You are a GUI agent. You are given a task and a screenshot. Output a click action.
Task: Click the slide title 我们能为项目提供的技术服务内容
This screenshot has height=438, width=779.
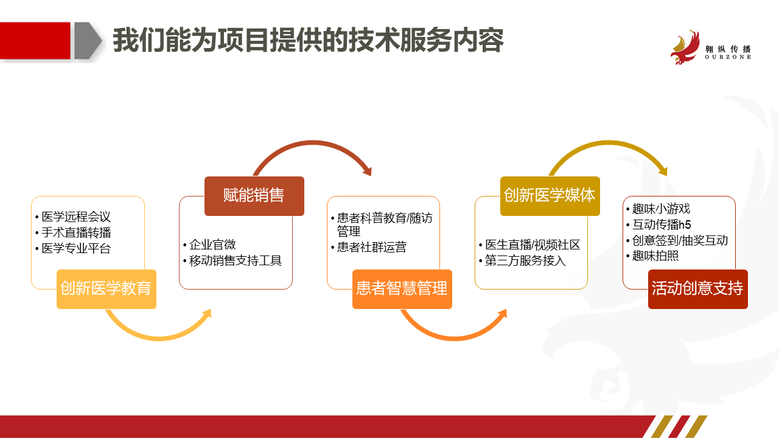(308, 40)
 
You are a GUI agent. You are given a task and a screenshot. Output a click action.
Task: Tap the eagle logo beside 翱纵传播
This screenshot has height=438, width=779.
(685, 47)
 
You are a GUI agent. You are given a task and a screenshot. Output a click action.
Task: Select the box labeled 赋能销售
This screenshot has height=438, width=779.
(254, 196)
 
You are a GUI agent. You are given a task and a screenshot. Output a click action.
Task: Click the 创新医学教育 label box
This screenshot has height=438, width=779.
(107, 289)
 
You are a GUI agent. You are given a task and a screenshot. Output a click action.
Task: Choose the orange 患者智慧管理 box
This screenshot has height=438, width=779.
(402, 289)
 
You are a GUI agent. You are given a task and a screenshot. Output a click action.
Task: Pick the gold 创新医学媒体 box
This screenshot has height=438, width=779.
(550, 196)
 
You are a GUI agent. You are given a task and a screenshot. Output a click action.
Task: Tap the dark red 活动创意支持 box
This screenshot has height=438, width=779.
(697, 289)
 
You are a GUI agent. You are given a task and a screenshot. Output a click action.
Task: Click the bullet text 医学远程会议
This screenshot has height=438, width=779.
(76, 217)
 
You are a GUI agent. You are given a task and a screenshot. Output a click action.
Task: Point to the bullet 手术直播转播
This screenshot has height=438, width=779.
(76, 232)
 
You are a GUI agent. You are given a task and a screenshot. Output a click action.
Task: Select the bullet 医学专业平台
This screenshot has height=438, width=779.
(76, 248)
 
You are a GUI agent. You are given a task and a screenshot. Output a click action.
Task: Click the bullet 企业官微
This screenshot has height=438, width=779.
(212, 245)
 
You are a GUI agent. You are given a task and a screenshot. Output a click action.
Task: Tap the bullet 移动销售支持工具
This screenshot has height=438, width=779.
(235, 260)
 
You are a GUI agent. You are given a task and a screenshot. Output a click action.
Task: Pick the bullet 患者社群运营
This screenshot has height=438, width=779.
(371, 247)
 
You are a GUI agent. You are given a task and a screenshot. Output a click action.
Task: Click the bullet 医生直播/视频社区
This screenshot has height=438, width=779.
(533, 245)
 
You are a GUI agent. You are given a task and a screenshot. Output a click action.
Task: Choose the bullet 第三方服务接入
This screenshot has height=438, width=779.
(525, 260)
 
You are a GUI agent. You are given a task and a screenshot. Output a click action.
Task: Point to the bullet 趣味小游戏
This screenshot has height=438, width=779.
(661, 209)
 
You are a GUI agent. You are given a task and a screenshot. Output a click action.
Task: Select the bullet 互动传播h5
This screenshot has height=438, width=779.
(662, 224)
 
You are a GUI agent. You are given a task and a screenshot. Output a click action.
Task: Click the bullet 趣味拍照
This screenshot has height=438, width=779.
(655, 256)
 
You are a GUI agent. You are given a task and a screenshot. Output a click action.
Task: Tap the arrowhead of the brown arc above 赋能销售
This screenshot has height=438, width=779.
(368, 171)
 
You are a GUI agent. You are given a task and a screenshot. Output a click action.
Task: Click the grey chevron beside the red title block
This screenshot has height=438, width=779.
(88, 41)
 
